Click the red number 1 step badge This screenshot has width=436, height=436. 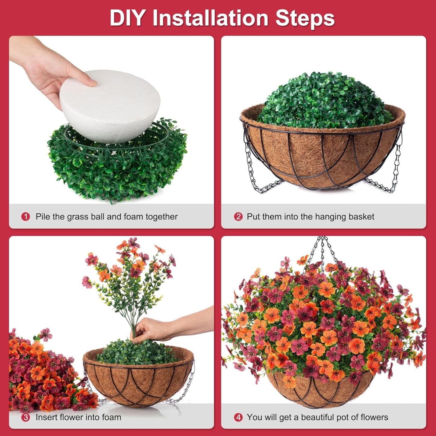26,217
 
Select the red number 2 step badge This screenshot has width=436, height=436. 238,217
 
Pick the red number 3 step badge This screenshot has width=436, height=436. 26,417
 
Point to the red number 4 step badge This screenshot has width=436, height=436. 238,417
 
